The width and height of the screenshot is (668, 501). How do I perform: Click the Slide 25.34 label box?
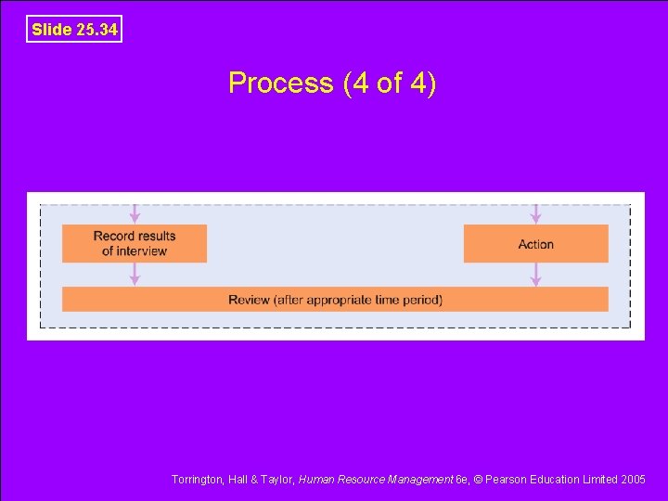point(74,30)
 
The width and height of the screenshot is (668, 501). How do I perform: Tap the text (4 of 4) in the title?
point(390,83)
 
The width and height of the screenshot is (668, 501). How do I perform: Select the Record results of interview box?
point(135,243)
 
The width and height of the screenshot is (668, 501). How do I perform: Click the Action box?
point(535,244)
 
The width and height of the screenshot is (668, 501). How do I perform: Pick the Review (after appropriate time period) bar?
point(335,300)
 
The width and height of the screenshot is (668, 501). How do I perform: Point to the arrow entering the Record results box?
point(135,214)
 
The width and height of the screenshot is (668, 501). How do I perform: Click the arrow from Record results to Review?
point(135,275)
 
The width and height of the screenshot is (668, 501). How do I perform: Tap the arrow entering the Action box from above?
point(535,214)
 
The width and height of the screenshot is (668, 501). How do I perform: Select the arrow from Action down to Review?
point(535,275)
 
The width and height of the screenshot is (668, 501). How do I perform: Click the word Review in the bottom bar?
point(249,300)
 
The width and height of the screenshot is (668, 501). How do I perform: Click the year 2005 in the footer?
point(632,480)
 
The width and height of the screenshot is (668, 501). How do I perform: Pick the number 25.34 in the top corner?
point(96,30)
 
